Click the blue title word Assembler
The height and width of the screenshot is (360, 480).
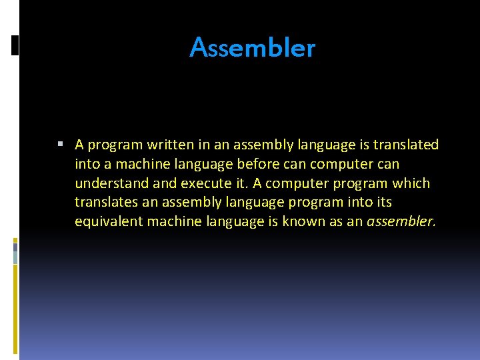252,48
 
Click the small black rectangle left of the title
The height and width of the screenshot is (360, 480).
15,45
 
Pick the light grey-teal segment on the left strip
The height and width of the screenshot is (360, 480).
15,253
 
